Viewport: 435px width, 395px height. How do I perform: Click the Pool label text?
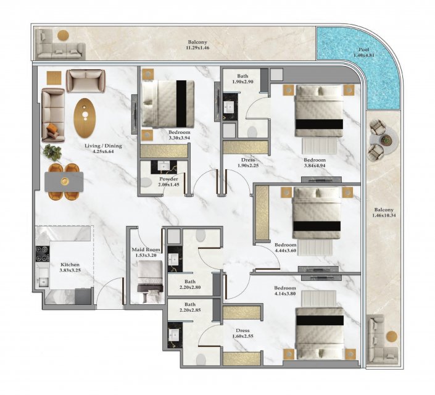pyautogui.click(x=363, y=50)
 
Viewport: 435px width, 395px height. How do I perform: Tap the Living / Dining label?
pyautogui.click(x=103, y=146)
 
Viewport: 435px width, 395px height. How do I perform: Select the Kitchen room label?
pyautogui.click(x=70, y=265)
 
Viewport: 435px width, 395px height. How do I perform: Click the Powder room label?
pyautogui.click(x=168, y=179)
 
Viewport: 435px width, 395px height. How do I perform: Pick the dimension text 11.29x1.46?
pyautogui.click(x=197, y=48)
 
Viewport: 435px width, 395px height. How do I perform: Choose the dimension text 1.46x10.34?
pyautogui.click(x=384, y=215)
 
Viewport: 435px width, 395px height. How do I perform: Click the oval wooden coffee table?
pyautogui.click(x=85, y=118)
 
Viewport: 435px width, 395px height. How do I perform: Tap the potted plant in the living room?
pyautogui.click(x=52, y=152)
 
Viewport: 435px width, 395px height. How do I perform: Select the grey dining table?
pyautogui.click(x=64, y=181)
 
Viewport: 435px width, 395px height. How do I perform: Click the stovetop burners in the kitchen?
pyautogui.click(x=43, y=254)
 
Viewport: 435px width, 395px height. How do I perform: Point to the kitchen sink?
pyautogui.click(x=43, y=282)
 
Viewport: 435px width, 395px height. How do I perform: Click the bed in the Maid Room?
pyautogui.click(x=151, y=281)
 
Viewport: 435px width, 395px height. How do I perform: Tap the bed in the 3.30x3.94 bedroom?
pyautogui.click(x=168, y=104)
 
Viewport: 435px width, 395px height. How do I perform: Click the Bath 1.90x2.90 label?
pyautogui.click(x=242, y=79)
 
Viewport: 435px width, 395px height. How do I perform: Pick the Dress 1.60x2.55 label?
pyautogui.click(x=242, y=333)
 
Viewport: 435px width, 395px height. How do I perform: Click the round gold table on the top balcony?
pyautogui.click(x=64, y=35)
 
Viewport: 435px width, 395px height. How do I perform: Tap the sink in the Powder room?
pyautogui.click(x=164, y=166)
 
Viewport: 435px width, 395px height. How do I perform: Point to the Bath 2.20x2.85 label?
pyautogui.click(x=190, y=307)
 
